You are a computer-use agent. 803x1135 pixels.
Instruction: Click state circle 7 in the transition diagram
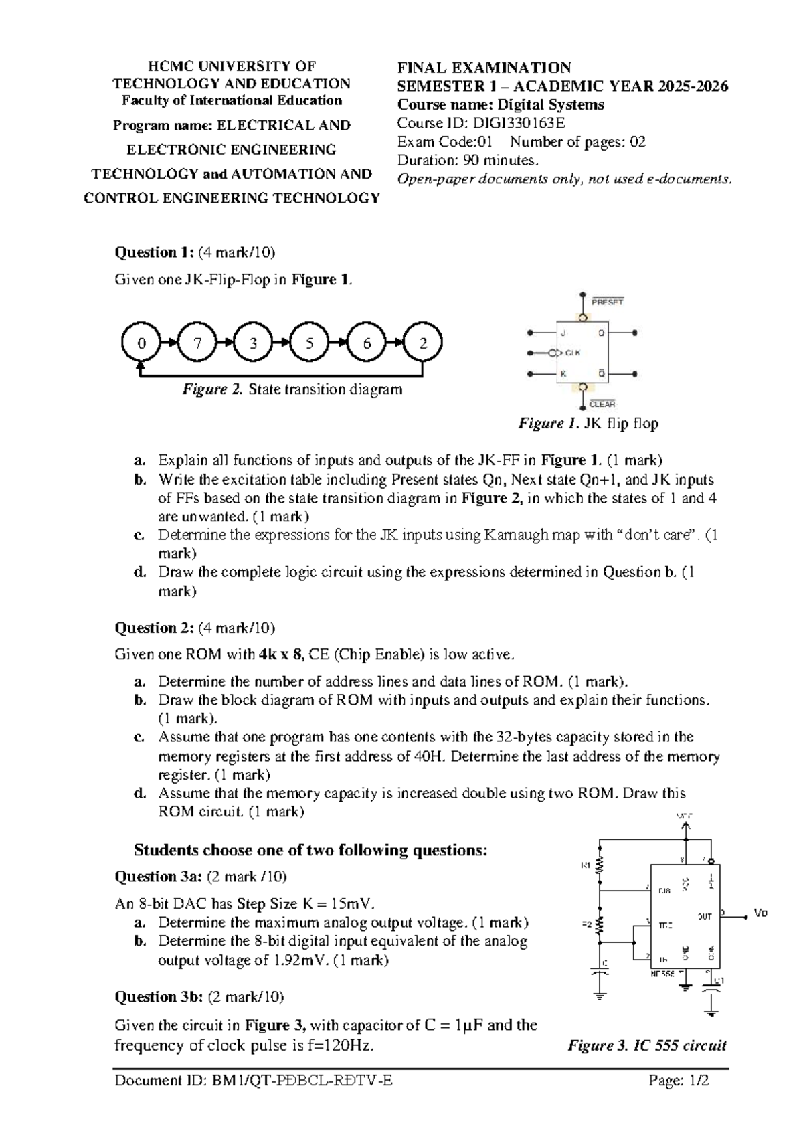[x=197, y=343]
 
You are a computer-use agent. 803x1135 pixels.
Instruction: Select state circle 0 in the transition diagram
[x=141, y=343]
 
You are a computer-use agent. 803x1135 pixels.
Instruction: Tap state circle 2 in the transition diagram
[x=423, y=343]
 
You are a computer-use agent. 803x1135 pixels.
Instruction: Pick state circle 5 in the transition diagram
[x=309, y=343]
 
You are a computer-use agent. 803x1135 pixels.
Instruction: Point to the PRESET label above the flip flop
[x=608, y=302]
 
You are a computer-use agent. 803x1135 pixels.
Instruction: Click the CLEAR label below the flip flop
[x=602, y=404]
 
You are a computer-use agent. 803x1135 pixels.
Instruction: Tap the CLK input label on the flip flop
[x=573, y=353]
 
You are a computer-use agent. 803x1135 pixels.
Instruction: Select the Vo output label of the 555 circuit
[x=760, y=913]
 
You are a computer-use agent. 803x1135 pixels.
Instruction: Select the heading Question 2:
[x=155, y=628]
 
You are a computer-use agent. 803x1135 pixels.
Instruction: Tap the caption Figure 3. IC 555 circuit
[x=646, y=1045]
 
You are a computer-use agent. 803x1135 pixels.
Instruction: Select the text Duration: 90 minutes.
[x=467, y=161]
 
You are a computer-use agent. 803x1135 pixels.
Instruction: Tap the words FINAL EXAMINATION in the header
[x=484, y=68]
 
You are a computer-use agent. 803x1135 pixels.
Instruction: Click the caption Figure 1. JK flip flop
[x=588, y=424]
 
